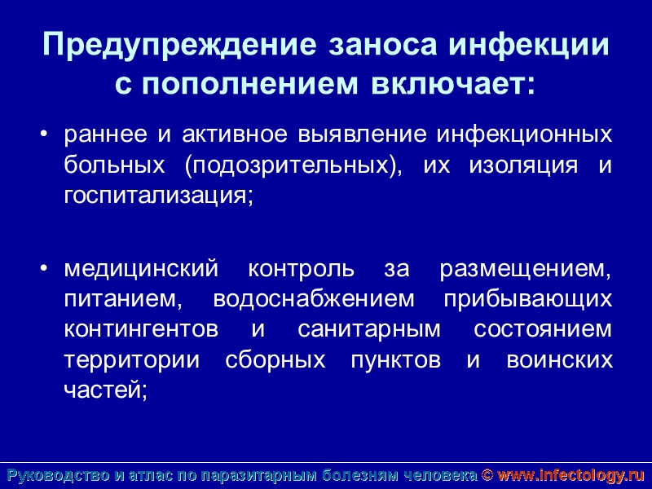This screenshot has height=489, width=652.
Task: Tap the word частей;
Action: coord(105,390)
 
